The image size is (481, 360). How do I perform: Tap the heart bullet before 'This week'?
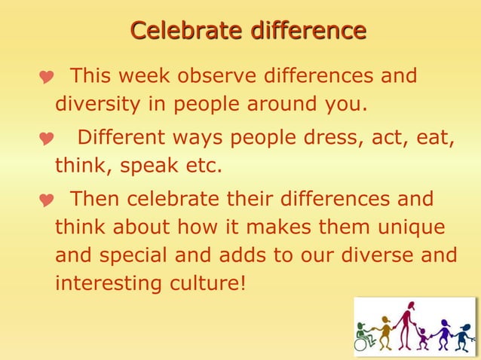click(x=47, y=78)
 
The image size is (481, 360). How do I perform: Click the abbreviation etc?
click(x=202, y=165)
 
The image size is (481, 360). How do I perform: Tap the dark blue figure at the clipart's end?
click(x=461, y=337)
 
